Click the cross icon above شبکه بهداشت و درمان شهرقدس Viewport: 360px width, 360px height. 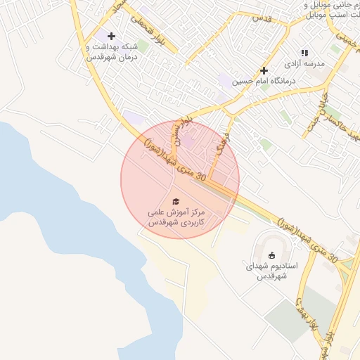click(x=111, y=36)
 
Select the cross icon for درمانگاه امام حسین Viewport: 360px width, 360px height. click(x=264, y=70)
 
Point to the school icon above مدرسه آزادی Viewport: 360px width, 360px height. click(x=304, y=53)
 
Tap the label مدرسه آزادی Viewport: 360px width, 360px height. click(x=307, y=64)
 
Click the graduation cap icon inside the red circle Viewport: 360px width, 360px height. click(x=176, y=202)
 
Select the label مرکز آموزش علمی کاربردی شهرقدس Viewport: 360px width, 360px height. click(x=176, y=217)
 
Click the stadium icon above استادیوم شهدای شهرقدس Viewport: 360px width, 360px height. click(x=272, y=255)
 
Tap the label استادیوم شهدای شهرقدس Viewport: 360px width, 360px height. click(x=272, y=271)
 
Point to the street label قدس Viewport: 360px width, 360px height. click(x=261, y=17)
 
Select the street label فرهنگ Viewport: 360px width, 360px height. click(x=221, y=145)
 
